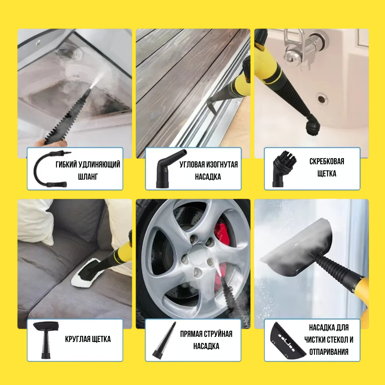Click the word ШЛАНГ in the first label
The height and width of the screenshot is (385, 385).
[88, 177]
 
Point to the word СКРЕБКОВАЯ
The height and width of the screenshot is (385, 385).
[327, 161]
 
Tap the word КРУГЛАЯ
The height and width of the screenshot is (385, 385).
[76, 339]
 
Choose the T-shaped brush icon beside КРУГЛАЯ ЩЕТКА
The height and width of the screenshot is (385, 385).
[46, 340]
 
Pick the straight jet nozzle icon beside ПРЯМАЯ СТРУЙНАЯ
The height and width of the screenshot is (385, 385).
[165, 341]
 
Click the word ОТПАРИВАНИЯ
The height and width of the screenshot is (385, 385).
[329, 352]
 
